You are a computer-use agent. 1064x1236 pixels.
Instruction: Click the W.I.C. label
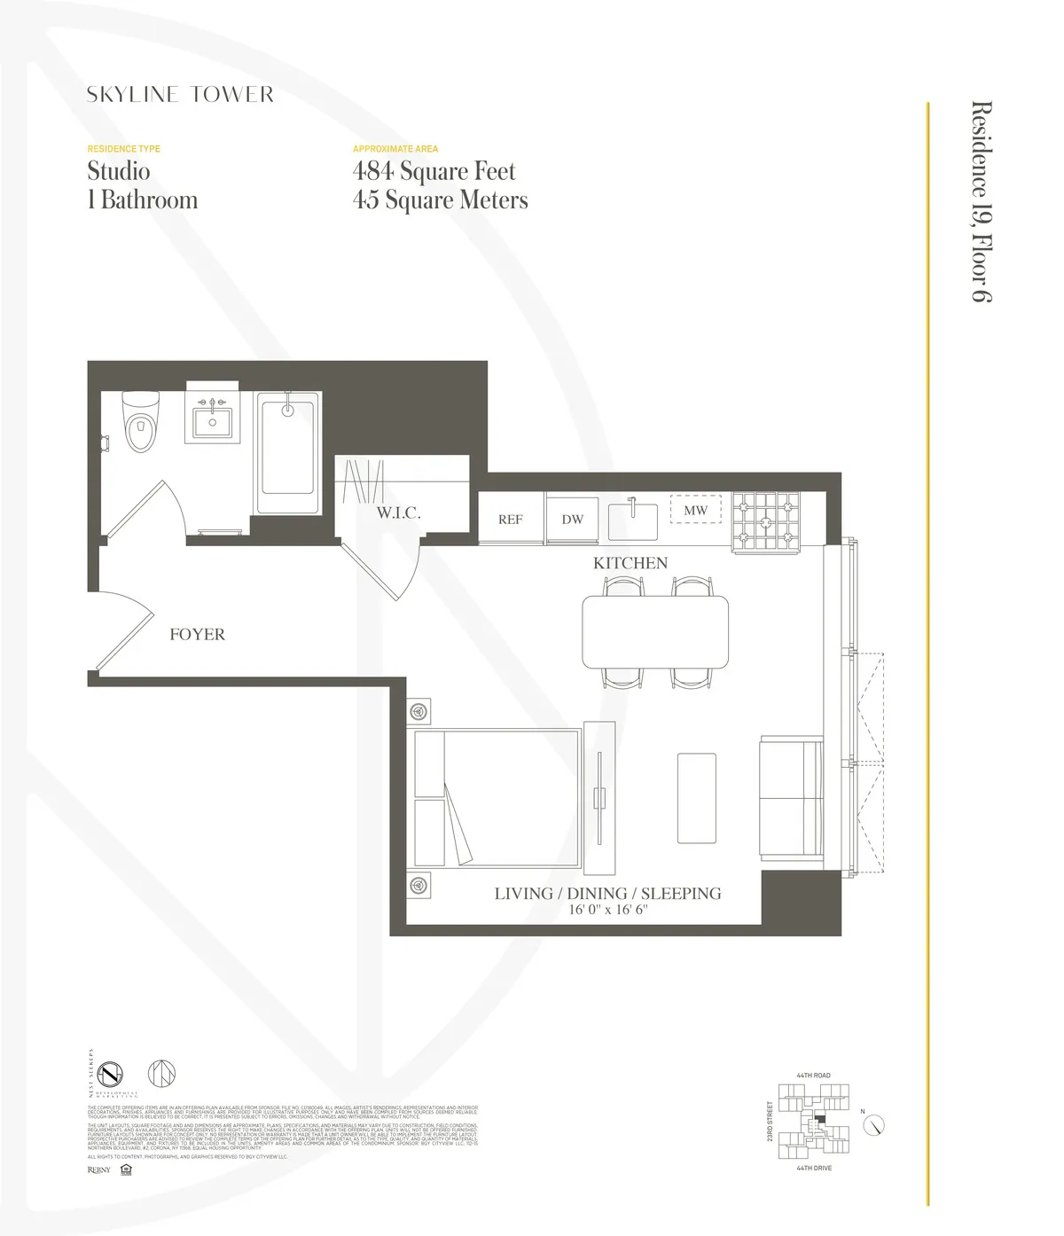(398, 513)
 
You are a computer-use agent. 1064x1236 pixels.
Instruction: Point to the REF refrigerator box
(510, 520)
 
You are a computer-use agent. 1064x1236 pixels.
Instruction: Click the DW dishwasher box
(572, 520)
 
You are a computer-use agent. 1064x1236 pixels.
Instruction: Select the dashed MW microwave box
(695, 510)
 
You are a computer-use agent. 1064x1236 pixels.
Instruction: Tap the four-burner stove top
(765, 521)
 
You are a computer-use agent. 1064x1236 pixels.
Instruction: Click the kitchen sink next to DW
(631, 520)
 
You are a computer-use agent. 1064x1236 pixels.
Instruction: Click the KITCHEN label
(630, 563)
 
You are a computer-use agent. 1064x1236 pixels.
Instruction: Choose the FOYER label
(197, 635)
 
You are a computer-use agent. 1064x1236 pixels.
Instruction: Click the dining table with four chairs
(655, 631)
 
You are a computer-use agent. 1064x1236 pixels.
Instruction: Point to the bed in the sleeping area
(497, 798)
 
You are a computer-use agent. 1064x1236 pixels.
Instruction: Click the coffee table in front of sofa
(696, 798)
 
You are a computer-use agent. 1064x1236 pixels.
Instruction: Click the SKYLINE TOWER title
(180, 95)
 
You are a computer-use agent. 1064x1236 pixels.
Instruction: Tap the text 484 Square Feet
(434, 170)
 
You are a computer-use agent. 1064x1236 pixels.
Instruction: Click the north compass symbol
(875, 1125)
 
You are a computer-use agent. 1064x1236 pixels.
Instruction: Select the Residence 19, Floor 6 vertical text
(981, 202)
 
